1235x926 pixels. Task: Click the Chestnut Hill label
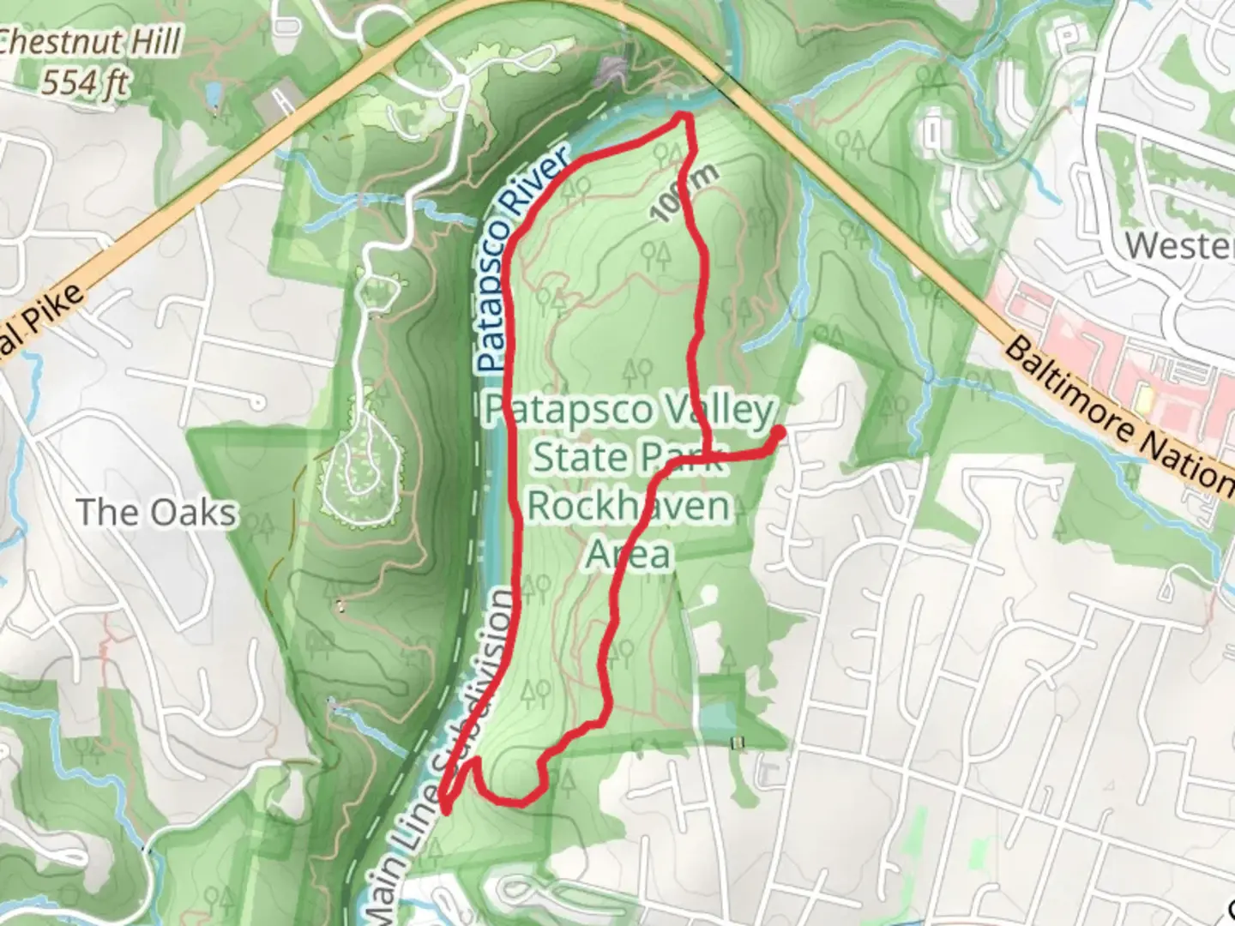click(90, 41)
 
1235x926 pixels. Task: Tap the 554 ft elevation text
click(86, 83)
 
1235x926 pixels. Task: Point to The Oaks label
click(156, 513)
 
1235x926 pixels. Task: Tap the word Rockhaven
click(628, 506)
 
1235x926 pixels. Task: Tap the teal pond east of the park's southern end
click(719, 719)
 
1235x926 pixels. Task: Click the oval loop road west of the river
click(362, 463)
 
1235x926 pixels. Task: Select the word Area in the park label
click(628, 555)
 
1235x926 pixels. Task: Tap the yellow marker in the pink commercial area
click(1142, 400)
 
